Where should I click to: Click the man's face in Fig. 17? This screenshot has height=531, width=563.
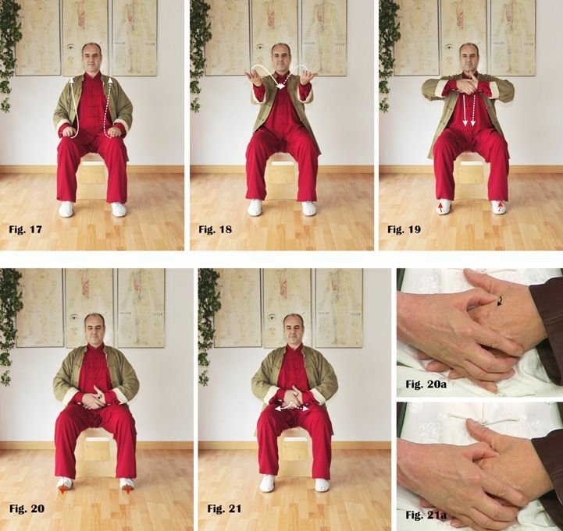tap(91, 59)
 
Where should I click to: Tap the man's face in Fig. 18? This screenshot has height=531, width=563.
tap(281, 58)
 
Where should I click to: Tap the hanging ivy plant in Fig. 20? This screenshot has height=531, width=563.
tap(9, 327)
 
